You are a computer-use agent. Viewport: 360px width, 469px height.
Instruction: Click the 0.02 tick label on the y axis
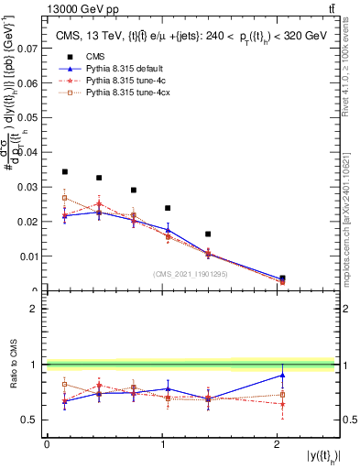pos(31,222)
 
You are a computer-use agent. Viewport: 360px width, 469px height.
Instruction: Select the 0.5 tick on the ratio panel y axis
pos(35,420)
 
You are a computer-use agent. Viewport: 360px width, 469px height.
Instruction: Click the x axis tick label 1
pos(162,443)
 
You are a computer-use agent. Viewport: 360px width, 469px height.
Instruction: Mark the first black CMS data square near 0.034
pos(64,171)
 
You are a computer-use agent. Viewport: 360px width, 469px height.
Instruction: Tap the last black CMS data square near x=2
pos(282,278)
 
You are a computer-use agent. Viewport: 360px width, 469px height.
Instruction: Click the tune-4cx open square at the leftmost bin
pos(64,198)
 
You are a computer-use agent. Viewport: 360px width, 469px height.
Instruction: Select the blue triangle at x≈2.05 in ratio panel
pos(282,375)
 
